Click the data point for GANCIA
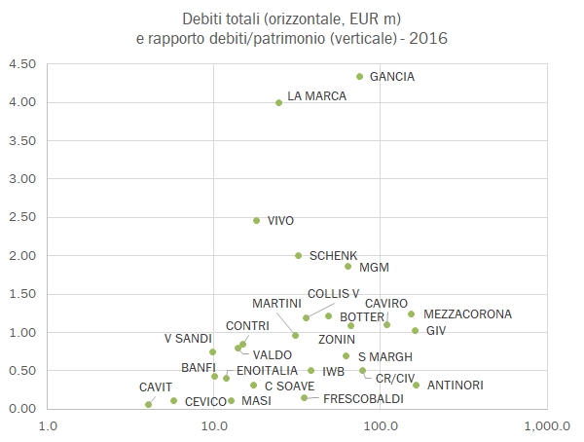click(x=360, y=76)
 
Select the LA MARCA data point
click(x=279, y=102)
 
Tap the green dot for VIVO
click(x=257, y=221)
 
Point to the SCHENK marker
click(x=299, y=255)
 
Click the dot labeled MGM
click(x=347, y=266)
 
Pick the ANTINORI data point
click(x=416, y=385)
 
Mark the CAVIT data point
click(x=148, y=404)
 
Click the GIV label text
click(x=436, y=331)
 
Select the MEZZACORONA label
click(x=467, y=314)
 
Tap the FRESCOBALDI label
click(x=363, y=399)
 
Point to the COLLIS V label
click(x=334, y=293)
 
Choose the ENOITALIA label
click(x=267, y=371)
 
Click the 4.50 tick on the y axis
click(x=22, y=64)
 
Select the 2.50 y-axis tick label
click(x=22, y=217)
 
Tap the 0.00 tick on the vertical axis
click(x=22, y=409)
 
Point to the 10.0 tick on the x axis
click(x=213, y=425)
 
